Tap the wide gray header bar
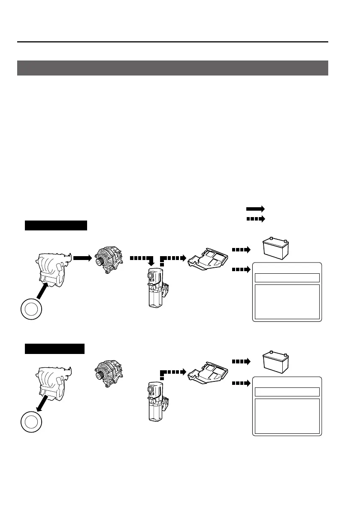click(x=172, y=68)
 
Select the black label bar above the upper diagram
click(x=56, y=226)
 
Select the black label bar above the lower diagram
click(x=54, y=348)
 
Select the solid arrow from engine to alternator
click(x=82, y=258)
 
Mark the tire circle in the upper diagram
click(x=32, y=309)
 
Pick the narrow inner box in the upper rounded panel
click(x=287, y=278)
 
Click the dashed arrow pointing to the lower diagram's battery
click(x=240, y=362)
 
